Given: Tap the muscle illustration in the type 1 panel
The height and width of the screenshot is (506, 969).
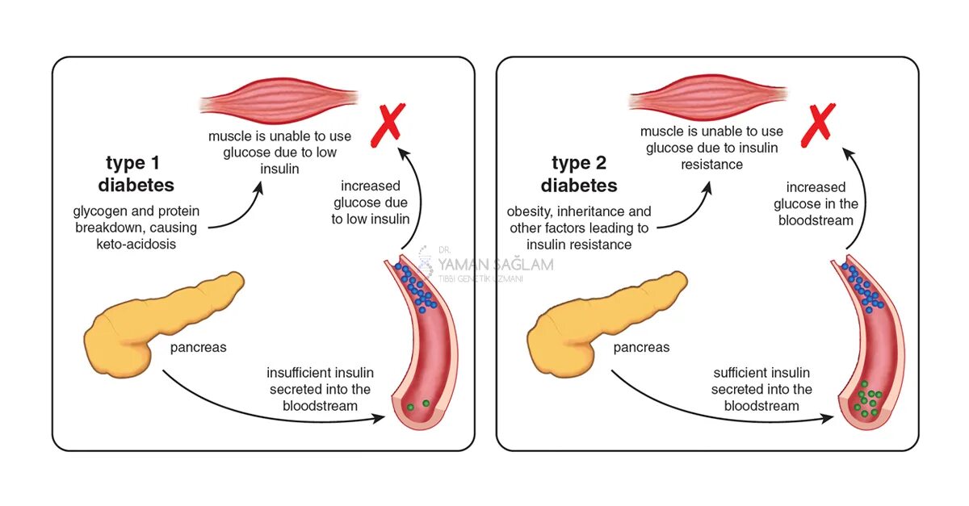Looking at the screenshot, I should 279,101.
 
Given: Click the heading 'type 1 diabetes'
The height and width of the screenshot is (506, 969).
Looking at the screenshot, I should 136,174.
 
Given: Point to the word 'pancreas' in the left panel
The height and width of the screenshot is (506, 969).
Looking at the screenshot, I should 198,348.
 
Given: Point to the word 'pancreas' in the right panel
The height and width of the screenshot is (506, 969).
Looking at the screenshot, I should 641,348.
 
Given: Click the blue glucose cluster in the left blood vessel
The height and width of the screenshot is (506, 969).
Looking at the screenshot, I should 417,285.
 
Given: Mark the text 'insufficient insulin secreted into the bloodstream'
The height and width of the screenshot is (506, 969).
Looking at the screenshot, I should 320,389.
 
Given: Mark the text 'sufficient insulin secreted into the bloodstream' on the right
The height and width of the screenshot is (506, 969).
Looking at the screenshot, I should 761,389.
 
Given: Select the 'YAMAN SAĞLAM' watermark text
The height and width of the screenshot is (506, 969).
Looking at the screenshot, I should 496,265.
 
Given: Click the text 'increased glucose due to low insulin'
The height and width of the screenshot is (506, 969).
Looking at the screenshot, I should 371,202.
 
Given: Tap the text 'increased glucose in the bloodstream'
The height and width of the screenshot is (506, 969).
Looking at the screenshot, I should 816,203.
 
